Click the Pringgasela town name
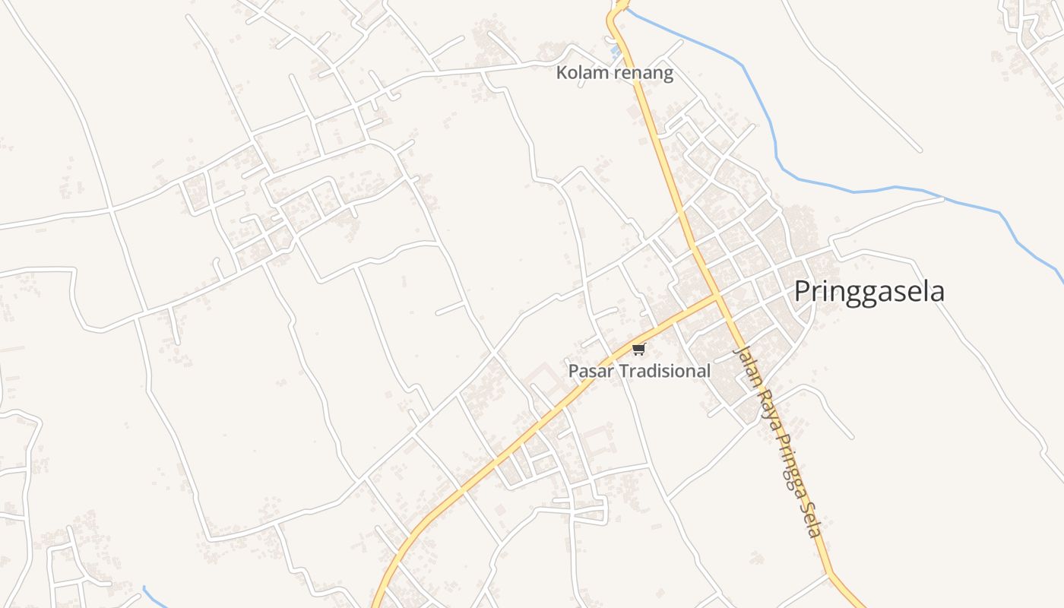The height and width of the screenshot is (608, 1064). (x=869, y=292)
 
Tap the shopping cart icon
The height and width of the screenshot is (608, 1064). (x=638, y=350)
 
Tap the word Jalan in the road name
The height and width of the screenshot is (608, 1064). (x=745, y=367)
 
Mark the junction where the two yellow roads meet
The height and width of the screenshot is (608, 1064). (x=717, y=296)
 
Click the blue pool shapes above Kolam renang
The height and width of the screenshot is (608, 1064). (x=616, y=52)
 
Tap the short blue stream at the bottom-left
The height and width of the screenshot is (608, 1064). (x=154, y=596)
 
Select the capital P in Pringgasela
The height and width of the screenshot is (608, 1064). (x=803, y=292)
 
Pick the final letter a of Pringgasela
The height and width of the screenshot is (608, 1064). (x=938, y=293)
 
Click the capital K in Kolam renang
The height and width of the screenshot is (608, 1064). (x=562, y=73)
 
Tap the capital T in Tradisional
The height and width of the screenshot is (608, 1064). (x=621, y=371)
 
